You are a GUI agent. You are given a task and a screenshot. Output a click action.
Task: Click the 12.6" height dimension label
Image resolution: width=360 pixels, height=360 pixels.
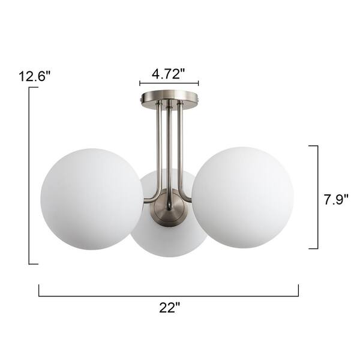(x=34, y=76)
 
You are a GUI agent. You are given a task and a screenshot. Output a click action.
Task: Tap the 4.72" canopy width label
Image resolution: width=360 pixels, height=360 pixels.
(x=168, y=74)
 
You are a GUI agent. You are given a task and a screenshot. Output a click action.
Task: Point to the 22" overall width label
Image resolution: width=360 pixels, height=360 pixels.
(x=170, y=308)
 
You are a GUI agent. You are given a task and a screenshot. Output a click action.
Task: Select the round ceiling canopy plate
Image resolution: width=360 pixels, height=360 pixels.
(x=169, y=96)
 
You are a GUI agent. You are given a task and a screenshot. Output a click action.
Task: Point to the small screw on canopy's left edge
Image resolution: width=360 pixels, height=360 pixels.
(x=142, y=95)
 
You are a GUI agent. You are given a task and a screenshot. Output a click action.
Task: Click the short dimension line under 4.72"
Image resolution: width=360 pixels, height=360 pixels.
(x=169, y=84)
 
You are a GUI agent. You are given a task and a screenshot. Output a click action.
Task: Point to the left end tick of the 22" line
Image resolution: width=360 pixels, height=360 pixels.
(x=40, y=290)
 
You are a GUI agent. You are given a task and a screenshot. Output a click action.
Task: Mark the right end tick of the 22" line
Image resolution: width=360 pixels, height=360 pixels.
(x=298, y=290)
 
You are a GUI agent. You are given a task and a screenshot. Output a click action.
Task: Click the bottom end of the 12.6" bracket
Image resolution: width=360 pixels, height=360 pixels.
(x=34, y=263)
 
